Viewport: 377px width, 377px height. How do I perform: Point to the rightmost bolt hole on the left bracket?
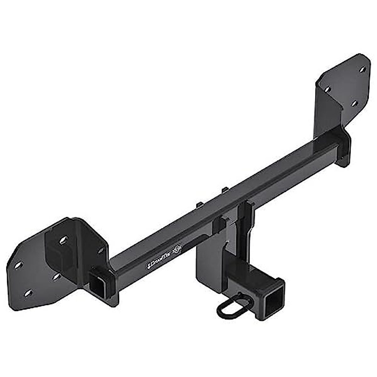(101, 250)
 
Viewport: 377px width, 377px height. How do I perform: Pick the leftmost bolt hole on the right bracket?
(327, 90)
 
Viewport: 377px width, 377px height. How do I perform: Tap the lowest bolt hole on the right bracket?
(354, 103)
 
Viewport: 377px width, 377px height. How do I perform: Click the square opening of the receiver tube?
(274, 300)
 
